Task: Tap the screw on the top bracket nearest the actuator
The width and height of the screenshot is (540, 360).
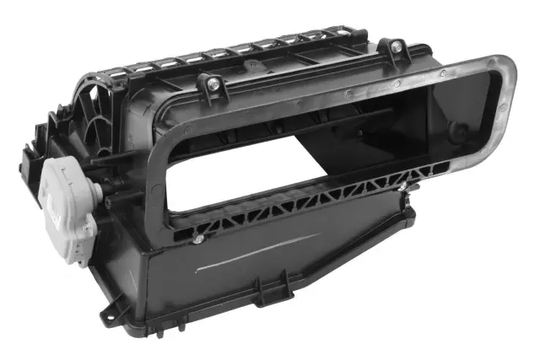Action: [x=210, y=83]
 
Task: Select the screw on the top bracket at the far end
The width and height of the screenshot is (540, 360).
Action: [x=393, y=48]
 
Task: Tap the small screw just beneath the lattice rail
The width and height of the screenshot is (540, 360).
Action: [x=196, y=239]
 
